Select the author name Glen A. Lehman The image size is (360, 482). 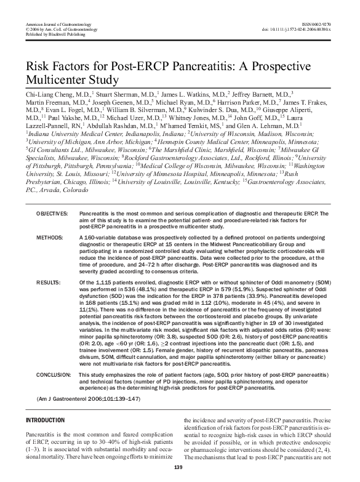pyautogui.click(x=266, y=124)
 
